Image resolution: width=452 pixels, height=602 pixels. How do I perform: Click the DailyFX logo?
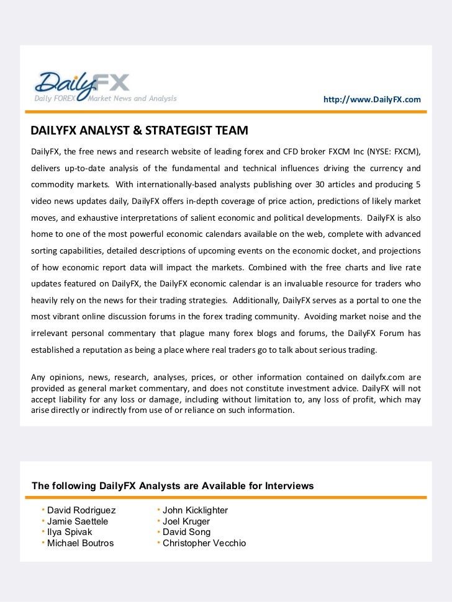[x=81, y=86]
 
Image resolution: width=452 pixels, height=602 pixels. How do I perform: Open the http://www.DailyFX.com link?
[x=372, y=100]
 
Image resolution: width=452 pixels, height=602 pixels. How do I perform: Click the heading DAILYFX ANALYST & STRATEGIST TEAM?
[x=139, y=131]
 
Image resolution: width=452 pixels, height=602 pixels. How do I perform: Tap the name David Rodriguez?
[x=81, y=510]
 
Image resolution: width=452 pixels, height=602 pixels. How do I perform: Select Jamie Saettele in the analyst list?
[x=78, y=521]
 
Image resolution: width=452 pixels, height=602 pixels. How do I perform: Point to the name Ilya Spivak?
[x=70, y=532]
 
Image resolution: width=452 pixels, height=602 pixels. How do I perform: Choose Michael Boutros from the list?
[x=81, y=543]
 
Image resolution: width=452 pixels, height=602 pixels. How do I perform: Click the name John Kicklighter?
[x=195, y=510]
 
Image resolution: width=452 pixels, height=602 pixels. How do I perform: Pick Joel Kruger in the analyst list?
[x=186, y=521]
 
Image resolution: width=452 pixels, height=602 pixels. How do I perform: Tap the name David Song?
[x=186, y=532]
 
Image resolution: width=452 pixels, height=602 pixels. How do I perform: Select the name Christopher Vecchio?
[x=204, y=543]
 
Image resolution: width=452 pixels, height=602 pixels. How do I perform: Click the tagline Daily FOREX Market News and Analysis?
[x=106, y=99]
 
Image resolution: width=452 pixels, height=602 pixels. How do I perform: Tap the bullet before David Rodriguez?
[x=43, y=510]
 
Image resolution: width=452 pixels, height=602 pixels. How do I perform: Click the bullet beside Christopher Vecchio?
[x=159, y=542]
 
